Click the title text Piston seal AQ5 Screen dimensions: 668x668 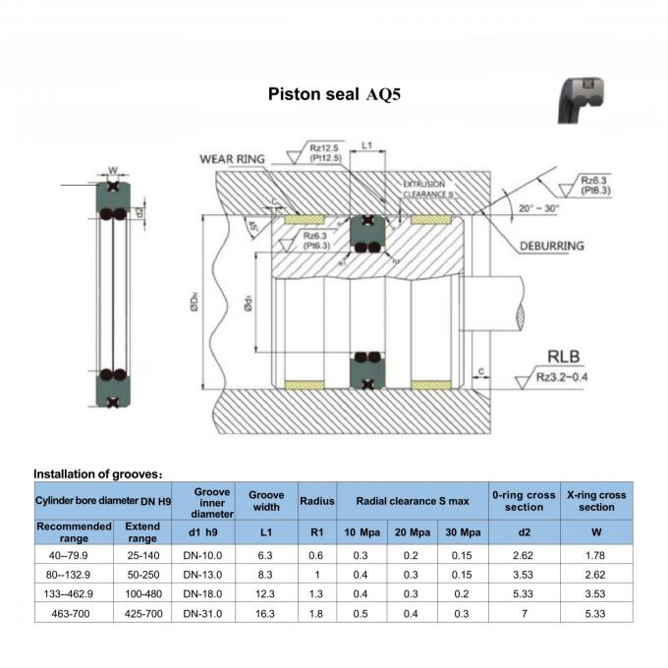tap(334, 95)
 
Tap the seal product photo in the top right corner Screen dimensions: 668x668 tap(586, 101)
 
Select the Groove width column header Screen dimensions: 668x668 tap(266, 501)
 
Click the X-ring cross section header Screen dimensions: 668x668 tap(596, 501)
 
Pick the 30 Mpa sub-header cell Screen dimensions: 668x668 tap(463, 532)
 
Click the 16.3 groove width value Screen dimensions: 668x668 tap(266, 613)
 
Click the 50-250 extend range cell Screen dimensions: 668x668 tap(142, 573)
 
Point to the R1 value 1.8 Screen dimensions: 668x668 tap(316, 613)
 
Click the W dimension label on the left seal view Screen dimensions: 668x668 tap(113, 168)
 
